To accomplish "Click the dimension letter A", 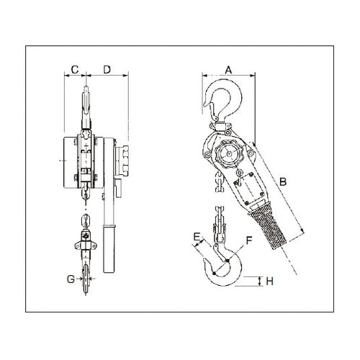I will (x=228, y=69).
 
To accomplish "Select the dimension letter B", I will (x=283, y=182).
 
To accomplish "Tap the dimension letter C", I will (x=74, y=69).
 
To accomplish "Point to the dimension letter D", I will (x=107, y=69).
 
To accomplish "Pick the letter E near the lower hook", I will (x=197, y=235).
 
